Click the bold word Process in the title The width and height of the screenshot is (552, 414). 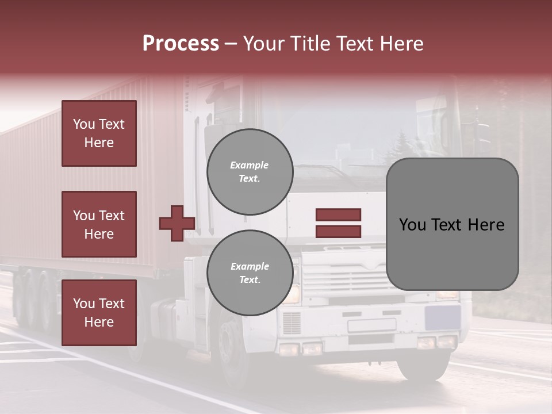point(181,44)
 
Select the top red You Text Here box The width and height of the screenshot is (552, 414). point(99,133)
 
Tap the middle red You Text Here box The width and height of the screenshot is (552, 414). point(99,224)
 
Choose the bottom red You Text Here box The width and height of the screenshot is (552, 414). point(99,312)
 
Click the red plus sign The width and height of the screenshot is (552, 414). point(177,223)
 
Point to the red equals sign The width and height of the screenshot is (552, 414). point(338,223)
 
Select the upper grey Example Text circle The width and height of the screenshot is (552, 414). point(250,172)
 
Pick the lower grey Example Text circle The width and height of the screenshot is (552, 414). point(250,273)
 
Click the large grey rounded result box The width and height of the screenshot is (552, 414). point(452,224)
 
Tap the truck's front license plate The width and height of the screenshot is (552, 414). point(371,325)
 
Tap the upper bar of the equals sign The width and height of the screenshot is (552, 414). point(338,214)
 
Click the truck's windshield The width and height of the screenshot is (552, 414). point(368,144)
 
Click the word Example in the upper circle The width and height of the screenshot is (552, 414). point(250,165)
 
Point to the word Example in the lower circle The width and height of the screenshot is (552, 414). point(250,266)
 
